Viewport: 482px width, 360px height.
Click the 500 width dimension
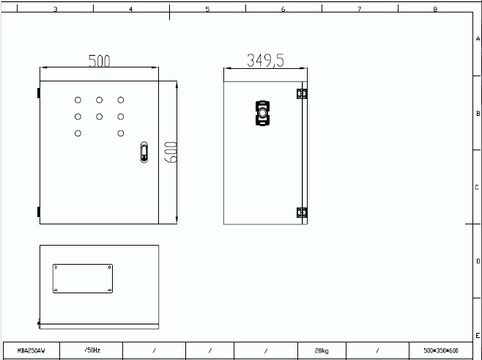(100, 61)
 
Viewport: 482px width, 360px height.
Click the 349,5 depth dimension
(266, 60)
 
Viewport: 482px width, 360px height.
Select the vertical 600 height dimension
(171, 152)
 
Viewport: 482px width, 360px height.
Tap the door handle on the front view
(144, 152)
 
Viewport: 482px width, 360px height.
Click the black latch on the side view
(262, 113)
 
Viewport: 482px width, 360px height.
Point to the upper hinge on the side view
(302, 94)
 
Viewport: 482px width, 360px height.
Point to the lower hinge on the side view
(302, 213)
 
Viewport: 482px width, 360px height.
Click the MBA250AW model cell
(31, 350)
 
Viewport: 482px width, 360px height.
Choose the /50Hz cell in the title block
(92, 350)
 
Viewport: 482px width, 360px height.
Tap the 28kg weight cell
(322, 350)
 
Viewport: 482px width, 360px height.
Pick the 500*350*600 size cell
(441, 350)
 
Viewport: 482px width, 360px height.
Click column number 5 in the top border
(207, 9)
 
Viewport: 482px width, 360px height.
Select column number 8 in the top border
(435, 9)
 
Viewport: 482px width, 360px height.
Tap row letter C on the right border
(477, 188)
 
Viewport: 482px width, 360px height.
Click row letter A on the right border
(478, 39)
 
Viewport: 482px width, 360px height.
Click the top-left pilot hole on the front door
(78, 100)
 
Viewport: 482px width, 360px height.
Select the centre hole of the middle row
(100, 117)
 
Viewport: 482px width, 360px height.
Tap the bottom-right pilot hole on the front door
(121, 133)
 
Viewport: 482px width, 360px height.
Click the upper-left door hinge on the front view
(39, 93)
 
